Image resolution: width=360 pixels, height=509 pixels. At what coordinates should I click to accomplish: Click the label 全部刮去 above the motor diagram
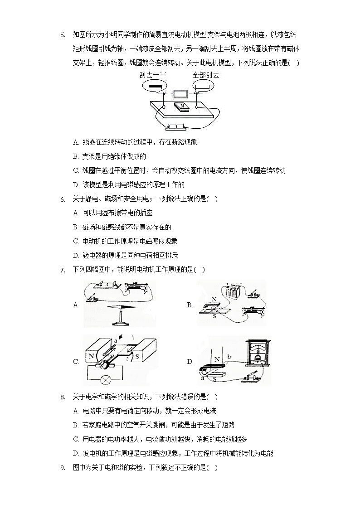coord(205,75)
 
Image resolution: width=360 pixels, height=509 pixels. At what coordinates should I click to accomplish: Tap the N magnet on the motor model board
coord(183,107)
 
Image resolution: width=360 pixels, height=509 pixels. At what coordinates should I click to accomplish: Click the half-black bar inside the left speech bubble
coord(155,86)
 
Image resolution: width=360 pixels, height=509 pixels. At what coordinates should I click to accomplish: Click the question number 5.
coord(63,34)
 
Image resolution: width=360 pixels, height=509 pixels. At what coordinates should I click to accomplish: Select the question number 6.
coord(63,199)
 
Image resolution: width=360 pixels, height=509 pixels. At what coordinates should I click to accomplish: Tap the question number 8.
coord(63,398)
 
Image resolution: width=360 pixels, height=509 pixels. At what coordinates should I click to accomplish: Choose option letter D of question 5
coord(76,185)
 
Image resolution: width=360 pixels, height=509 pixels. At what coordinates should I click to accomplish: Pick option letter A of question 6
coord(76,213)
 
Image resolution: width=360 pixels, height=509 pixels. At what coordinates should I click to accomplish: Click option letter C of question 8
coord(76,439)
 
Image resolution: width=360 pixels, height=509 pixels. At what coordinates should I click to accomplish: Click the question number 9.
coord(63,468)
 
